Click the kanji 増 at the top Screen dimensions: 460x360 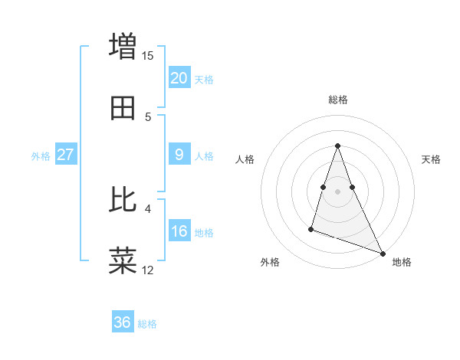pos(123,46)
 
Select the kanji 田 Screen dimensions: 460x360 pos(123,110)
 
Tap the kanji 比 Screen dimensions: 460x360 pos(123,200)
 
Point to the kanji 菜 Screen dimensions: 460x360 pos(123,261)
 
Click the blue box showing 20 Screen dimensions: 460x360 pos(179,78)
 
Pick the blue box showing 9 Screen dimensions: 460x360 pos(179,155)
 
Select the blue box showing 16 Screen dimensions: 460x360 pos(179,231)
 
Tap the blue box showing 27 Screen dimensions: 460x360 pos(66,155)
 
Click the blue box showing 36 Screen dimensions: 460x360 pos(123,322)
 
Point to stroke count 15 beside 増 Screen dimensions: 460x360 pos(148,55)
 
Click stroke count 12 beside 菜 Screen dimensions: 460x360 pos(148,270)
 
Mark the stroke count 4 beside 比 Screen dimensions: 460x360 pos(148,208)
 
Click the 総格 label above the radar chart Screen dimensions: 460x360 pos(338,100)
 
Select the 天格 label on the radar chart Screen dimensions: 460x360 pos(432,159)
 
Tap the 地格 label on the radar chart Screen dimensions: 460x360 pos(402,262)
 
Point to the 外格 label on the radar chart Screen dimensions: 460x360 pos(270,262)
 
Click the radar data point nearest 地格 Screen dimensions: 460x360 pos(382,252)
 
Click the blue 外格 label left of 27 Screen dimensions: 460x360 pos(41,156)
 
